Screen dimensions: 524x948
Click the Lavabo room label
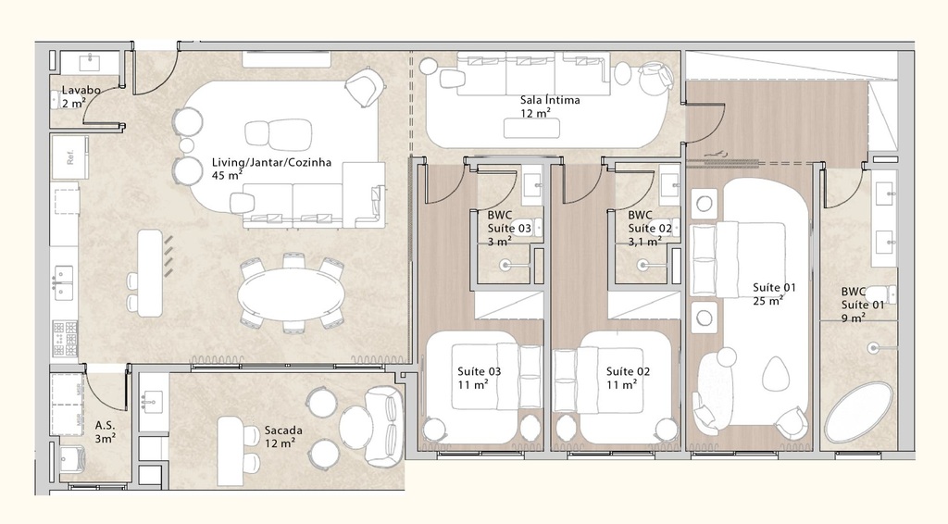click(81, 91)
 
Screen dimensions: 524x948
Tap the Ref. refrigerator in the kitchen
click(69, 157)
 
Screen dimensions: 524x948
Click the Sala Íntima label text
click(550, 100)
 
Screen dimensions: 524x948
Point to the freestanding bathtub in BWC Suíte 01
click(858, 412)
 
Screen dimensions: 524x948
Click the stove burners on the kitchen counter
click(65, 339)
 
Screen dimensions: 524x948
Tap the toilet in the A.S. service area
click(72, 458)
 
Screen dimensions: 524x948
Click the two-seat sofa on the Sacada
click(383, 427)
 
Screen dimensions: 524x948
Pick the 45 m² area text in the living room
click(226, 174)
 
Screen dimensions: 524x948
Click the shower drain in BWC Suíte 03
click(505, 265)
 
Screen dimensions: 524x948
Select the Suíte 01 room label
click(773, 288)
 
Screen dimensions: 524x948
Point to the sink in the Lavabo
click(90, 63)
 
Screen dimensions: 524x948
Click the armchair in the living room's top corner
click(365, 89)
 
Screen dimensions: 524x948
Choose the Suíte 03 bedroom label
click(480, 372)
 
